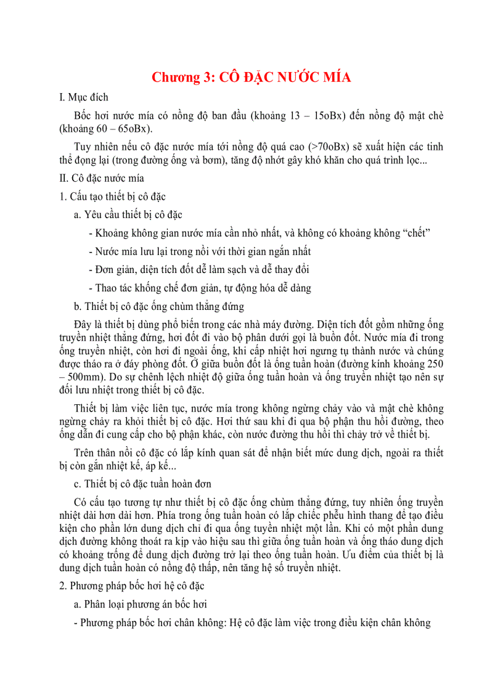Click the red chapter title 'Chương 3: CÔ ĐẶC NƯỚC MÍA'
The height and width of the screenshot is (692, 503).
tap(251, 77)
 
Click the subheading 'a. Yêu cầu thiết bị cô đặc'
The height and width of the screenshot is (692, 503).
tap(128, 214)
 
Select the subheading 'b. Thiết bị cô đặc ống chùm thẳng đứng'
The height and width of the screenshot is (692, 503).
tap(158, 306)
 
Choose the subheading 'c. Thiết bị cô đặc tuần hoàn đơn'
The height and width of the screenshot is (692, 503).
tap(142, 482)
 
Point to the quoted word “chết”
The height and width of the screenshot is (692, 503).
tap(415, 233)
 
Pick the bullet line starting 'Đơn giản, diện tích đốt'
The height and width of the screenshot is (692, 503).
tap(198, 269)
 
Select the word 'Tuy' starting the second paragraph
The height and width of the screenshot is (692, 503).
tap(83, 147)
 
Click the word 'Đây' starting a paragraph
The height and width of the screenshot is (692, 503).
tap(83, 324)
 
